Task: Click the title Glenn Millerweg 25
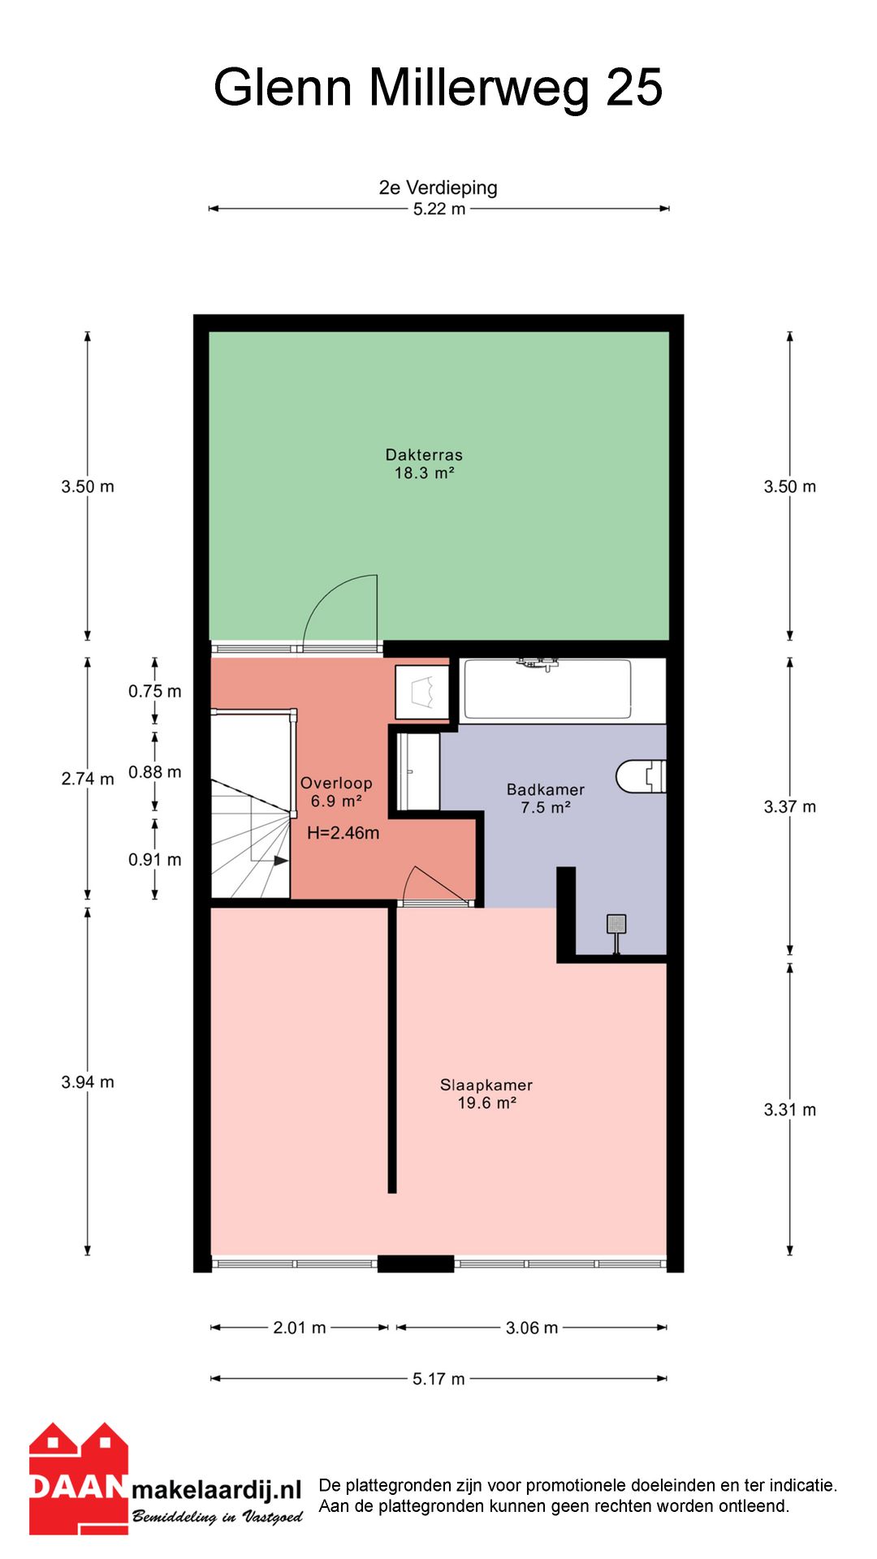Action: (438, 88)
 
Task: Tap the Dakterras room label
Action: (424, 464)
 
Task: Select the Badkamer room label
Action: (546, 798)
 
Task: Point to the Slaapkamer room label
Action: (486, 1094)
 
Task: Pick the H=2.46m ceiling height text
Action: (343, 833)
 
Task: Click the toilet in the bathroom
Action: (642, 776)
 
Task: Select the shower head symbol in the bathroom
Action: (616, 930)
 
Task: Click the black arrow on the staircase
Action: (280, 861)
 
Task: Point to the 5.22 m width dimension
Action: (439, 209)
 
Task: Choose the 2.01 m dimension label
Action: (300, 1328)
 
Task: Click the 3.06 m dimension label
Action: (532, 1328)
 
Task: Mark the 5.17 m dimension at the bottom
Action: (438, 1379)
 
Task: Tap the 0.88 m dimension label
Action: (155, 772)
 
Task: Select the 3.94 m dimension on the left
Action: (88, 1082)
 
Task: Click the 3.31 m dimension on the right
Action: (790, 1110)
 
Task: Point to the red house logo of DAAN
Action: (79, 1479)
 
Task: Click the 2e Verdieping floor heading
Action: (438, 188)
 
